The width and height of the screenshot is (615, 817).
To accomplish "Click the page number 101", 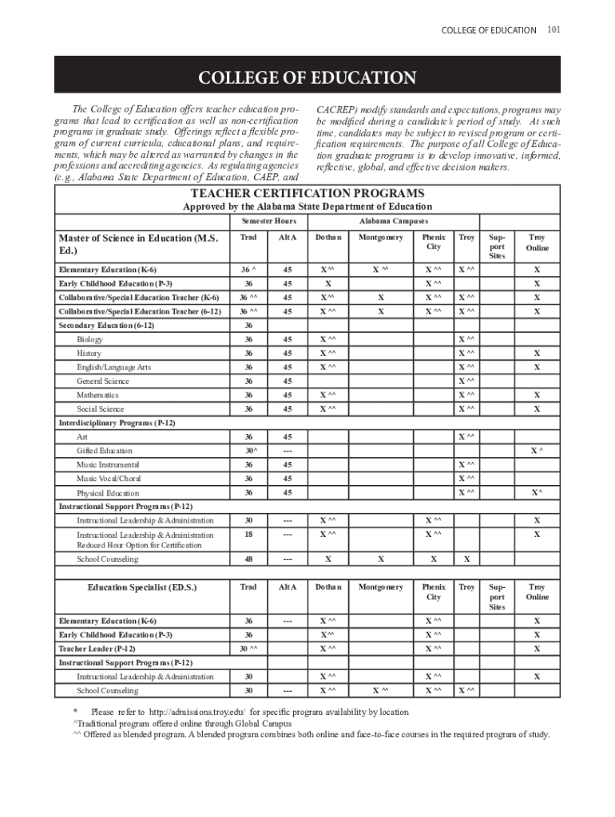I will (x=553, y=30).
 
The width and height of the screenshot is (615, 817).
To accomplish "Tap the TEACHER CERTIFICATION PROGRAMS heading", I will (x=307, y=194).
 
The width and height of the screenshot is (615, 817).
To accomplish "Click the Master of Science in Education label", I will (x=137, y=244).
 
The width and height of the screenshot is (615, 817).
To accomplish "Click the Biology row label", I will (x=89, y=340).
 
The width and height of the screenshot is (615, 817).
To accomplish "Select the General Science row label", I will (x=102, y=381).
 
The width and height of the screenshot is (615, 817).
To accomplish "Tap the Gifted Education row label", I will (x=104, y=451).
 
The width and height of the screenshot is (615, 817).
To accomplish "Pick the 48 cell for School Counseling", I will (x=248, y=559).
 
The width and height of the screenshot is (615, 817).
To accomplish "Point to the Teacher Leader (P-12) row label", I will (x=97, y=649).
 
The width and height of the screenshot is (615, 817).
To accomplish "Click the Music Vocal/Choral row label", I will (x=109, y=479).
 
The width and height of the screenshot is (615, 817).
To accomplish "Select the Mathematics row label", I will (x=97, y=395).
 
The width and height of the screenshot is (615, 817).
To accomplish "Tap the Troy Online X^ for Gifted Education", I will (x=537, y=451).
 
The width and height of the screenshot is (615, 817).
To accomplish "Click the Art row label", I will (x=82, y=437).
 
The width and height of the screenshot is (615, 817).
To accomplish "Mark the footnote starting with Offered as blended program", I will (x=311, y=735).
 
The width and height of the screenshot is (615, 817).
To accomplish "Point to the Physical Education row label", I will (x=107, y=493).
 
